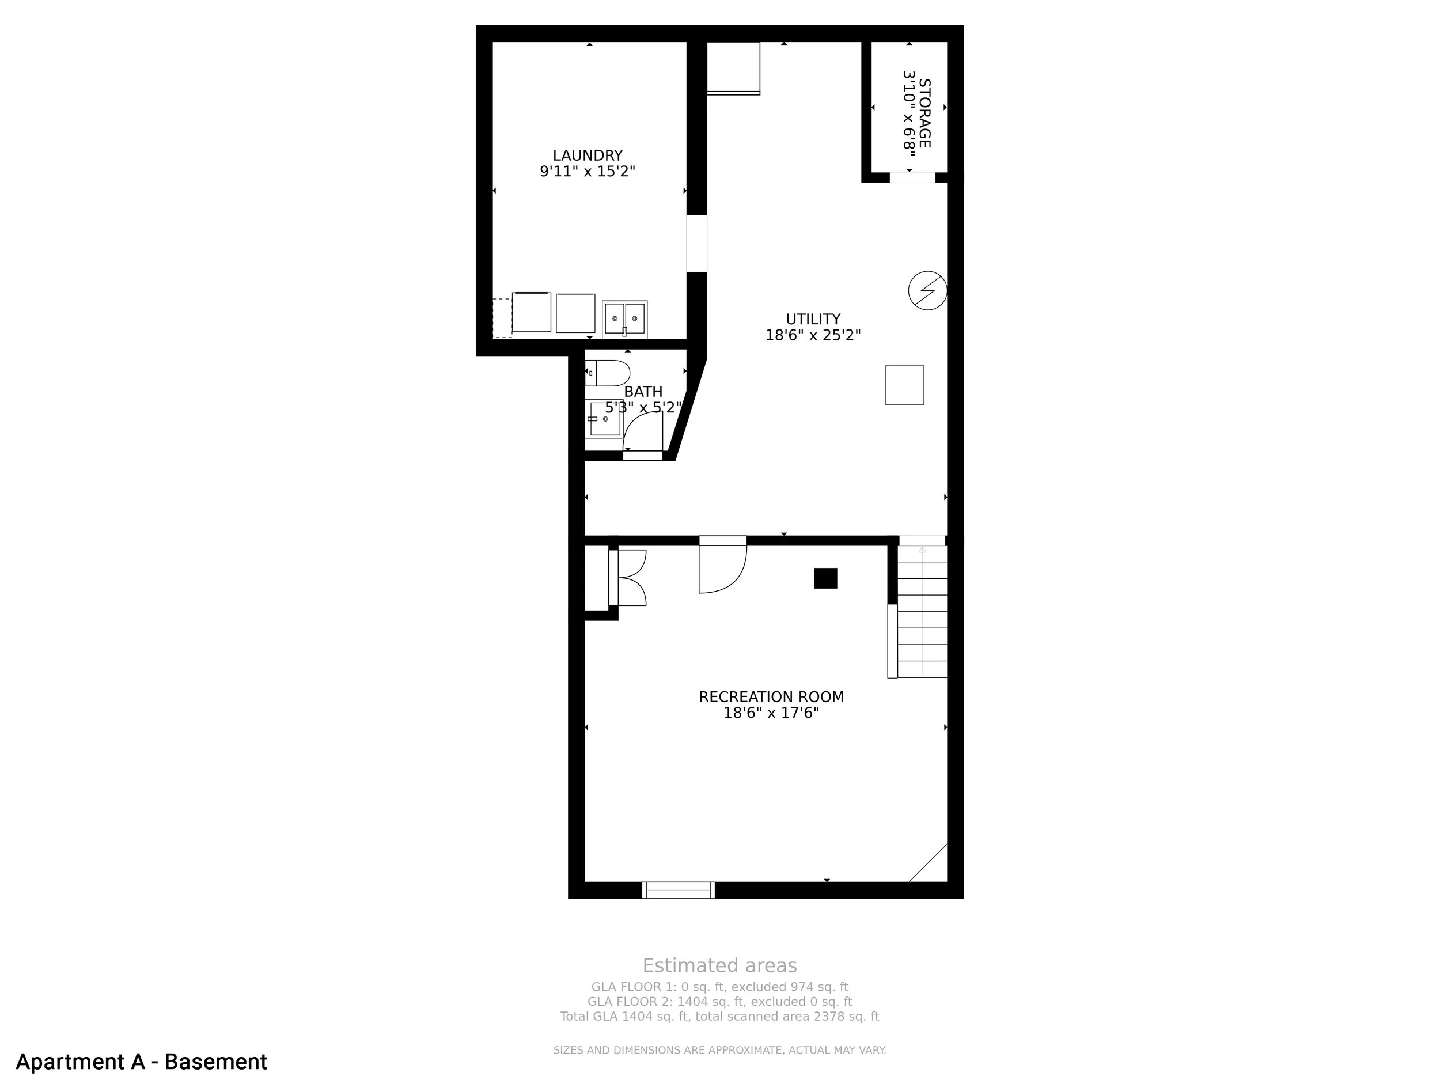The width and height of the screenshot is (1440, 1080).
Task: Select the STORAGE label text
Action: (x=924, y=113)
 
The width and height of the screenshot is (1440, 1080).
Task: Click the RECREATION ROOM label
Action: (x=771, y=697)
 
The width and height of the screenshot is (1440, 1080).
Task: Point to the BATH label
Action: (x=643, y=392)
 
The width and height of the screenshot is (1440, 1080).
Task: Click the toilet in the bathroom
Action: (x=607, y=373)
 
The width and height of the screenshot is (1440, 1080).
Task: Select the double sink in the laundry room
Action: (x=624, y=319)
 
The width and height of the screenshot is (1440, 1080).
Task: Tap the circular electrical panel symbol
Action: (x=928, y=290)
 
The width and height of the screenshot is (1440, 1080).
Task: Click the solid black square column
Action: (x=825, y=578)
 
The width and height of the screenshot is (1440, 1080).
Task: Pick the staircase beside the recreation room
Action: (x=922, y=612)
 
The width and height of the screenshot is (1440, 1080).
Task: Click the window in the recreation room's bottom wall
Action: (x=679, y=890)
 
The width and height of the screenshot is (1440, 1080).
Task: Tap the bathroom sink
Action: (x=605, y=419)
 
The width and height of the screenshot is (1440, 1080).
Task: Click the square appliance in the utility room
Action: (x=904, y=385)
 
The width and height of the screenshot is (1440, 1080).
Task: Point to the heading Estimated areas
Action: (x=719, y=965)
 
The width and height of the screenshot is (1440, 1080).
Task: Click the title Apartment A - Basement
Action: (x=141, y=1062)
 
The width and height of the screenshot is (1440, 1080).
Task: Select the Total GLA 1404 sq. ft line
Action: (x=719, y=1016)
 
